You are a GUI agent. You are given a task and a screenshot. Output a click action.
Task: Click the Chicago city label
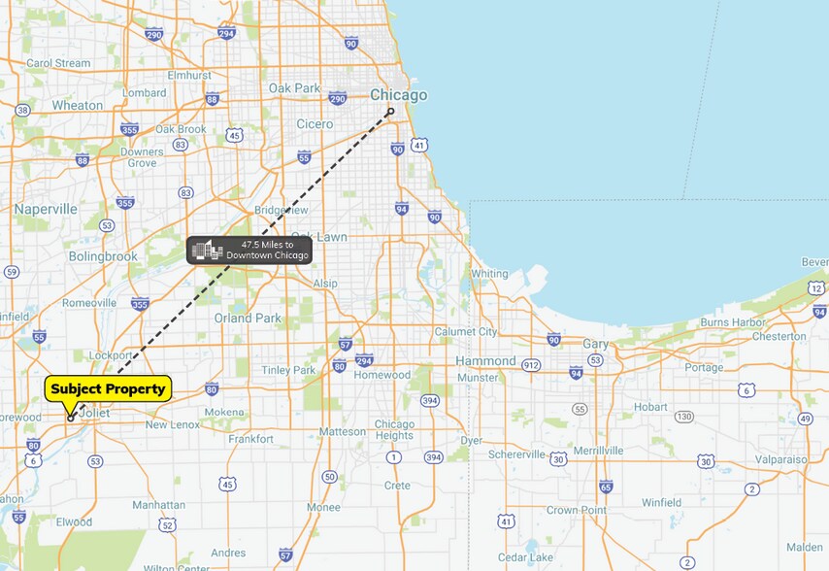(x=398, y=95)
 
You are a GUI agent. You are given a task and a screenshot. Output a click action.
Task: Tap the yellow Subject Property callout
(x=108, y=389)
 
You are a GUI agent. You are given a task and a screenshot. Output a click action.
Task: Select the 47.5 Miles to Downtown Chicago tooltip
(x=249, y=251)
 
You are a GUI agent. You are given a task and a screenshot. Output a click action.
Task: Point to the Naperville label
(x=46, y=209)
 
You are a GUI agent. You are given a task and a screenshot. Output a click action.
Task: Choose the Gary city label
(x=595, y=344)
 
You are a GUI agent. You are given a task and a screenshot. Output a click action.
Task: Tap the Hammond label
(x=485, y=360)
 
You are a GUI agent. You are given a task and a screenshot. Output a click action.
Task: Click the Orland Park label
(x=248, y=318)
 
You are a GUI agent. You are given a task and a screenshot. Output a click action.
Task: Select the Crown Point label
(x=576, y=510)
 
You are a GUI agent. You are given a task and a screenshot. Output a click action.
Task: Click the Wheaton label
(x=78, y=105)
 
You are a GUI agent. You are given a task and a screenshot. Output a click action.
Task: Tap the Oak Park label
(x=294, y=88)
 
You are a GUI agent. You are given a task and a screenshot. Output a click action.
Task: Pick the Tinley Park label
(x=289, y=370)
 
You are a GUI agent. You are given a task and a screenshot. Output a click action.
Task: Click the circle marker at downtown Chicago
(x=391, y=111)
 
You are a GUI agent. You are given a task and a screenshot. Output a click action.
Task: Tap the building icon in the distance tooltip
(x=207, y=251)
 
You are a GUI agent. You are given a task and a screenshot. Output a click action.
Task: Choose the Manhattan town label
(x=159, y=505)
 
